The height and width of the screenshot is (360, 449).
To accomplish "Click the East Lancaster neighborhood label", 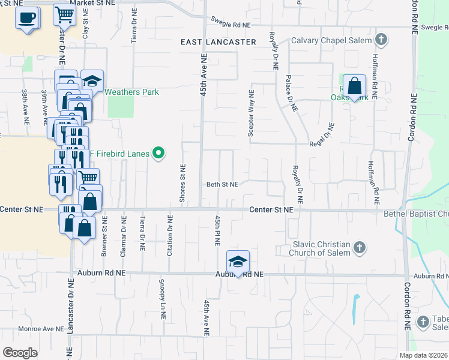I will coord(218,42).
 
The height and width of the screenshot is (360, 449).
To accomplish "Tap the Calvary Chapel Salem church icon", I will coord(380,40).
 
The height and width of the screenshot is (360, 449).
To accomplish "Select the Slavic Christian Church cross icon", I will coord(359,248).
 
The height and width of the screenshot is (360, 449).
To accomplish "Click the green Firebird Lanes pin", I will coord(158,154).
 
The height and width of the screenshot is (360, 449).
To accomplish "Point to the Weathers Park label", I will coord(132,92).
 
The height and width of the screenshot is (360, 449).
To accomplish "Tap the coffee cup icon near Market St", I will coord(27,17).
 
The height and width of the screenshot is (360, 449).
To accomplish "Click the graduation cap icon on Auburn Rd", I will coord(238,262).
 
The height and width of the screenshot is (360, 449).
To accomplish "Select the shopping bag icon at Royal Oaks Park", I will coord(355,86).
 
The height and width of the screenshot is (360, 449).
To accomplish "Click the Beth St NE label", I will coord(223,185).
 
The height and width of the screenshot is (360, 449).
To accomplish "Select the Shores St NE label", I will coord(182,183).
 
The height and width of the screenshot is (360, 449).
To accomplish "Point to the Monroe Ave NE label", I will coord(41,329).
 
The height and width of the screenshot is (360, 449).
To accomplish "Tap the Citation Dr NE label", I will coord(170,236).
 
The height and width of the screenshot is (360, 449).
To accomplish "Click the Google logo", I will coord(20,352).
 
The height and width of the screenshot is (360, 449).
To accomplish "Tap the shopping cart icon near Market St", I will coord(64,15).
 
